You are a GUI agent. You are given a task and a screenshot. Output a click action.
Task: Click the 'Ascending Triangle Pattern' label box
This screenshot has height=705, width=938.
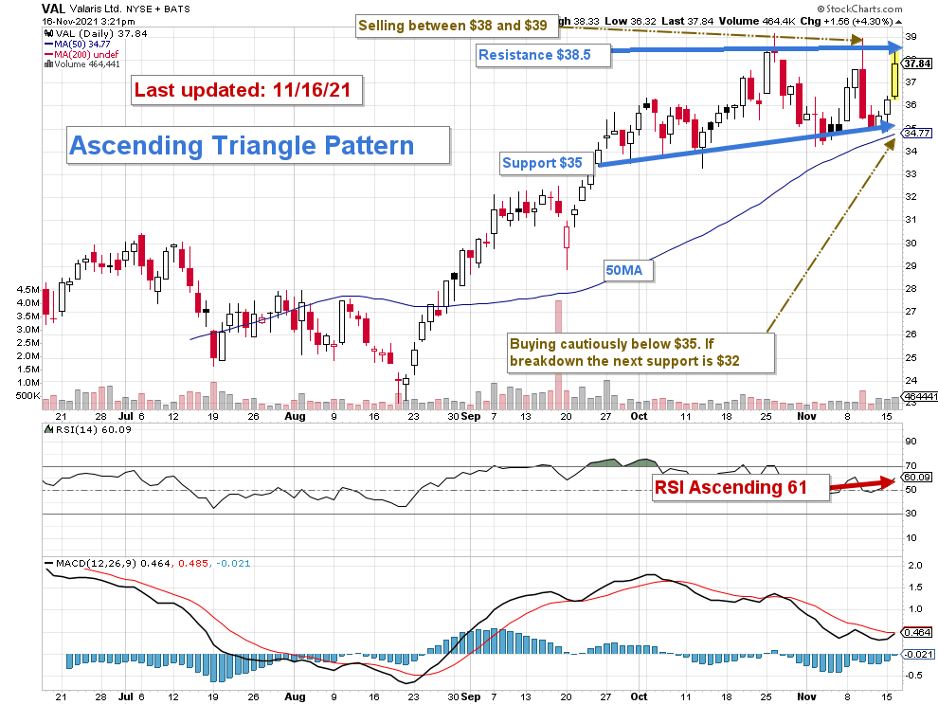coord(243,146)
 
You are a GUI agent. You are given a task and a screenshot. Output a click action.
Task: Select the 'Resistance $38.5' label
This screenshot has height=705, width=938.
coord(534,55)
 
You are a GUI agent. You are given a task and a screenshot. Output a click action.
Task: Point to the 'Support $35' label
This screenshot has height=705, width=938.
coord(542,163)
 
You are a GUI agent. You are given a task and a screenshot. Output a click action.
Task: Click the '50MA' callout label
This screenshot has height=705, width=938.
coord(624,270)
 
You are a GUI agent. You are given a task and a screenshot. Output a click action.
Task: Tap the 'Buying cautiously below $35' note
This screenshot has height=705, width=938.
coord(640,352)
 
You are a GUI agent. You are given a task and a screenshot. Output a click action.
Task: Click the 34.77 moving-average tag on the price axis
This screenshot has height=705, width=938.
coord(914,134)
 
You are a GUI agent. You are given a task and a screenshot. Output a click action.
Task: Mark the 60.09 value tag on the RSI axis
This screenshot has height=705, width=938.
coord(914,479)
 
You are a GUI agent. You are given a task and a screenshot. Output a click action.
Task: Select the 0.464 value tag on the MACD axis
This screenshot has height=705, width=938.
coord(914,632)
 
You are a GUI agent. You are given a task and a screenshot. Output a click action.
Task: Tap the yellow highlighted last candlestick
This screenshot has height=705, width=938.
coord(893,76)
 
